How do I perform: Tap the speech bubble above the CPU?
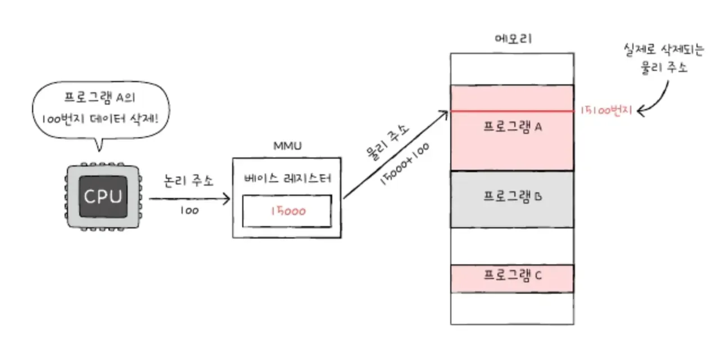[101, 110]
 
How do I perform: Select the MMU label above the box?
[287, 146]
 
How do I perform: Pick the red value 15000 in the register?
[287, 211]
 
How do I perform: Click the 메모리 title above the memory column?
[512, 39]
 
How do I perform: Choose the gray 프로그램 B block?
[512, 199]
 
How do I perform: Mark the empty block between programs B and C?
[512, 245]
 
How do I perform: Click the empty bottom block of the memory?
[512, 308]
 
